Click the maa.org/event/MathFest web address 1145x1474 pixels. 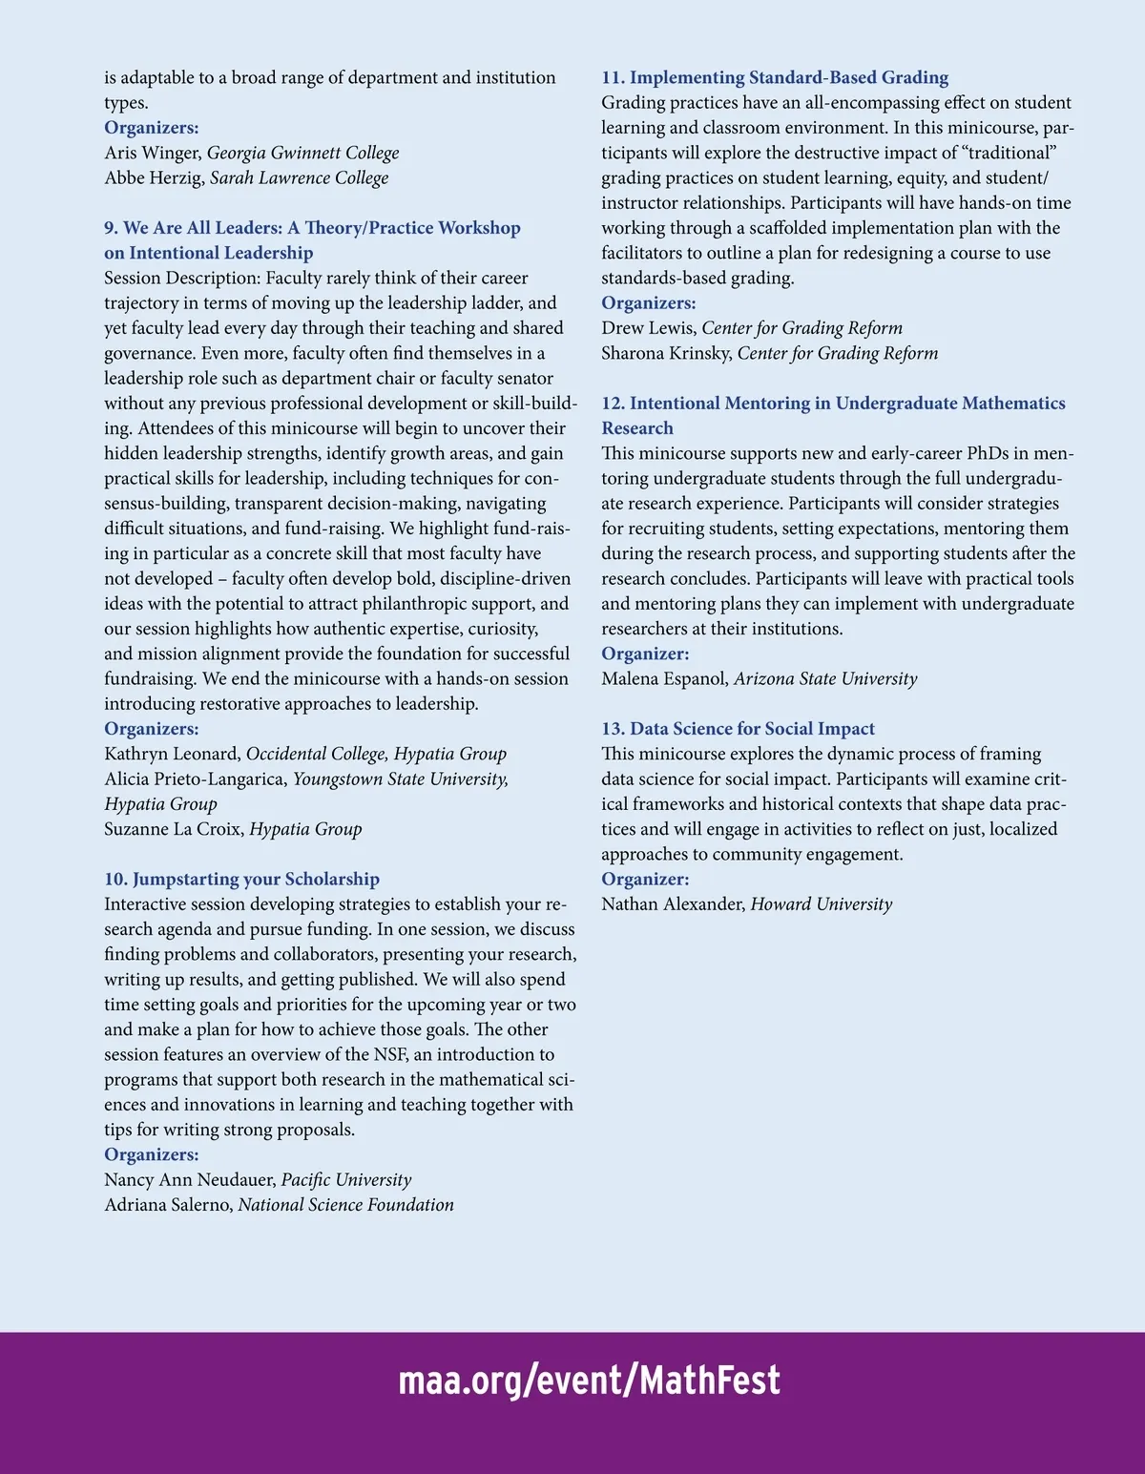tap(589, 1381)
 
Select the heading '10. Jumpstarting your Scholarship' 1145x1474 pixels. tap(241, 879)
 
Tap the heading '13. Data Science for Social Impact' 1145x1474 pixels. tap(738, 729)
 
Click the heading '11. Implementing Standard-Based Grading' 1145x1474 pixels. tap(775, 77)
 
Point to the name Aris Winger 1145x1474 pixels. tap(152, 153)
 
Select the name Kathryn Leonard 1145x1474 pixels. tap(172, 754)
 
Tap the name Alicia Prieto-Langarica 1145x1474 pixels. tap(195, 779)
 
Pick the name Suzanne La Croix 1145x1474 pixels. tap(173, 829)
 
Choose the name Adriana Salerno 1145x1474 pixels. tap(167, 1205)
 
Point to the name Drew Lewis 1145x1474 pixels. tap(648, 328)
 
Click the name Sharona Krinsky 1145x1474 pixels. tap(666, 353)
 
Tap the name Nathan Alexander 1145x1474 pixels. tap(672, 904)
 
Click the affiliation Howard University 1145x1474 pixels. tap(822, 904)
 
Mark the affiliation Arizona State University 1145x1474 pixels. tap(825, 679)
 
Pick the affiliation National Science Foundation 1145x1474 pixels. tap(345, 1205)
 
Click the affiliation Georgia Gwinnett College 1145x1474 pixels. tap(303, 153)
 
